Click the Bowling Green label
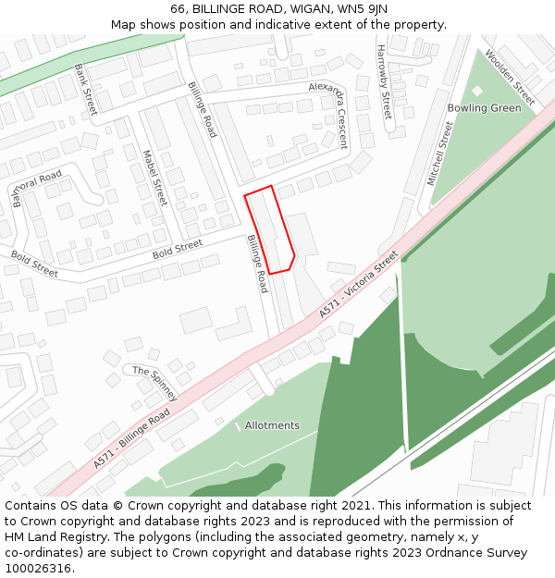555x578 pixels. (x=484, y=108)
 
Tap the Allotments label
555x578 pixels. (x=272, y=425)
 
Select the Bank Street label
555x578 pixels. (x=86, y=89)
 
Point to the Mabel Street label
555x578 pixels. (x=154, y=177)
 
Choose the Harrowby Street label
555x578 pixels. (x=384, y=82)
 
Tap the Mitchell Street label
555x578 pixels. (x=439, y=153)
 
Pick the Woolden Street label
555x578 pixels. (x=511, y=78)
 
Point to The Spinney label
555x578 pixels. (x=154, y=376)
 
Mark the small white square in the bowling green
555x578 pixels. (x=477, y=91)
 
